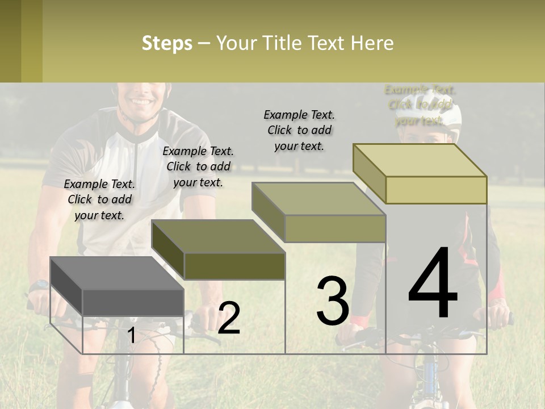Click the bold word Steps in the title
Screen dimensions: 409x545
tap(167, 43)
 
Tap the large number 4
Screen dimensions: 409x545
tap(433, 283)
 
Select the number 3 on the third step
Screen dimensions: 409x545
tap(332, 301)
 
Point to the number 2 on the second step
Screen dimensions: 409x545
tap(229, 318)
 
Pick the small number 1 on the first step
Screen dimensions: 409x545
tap(131, 335)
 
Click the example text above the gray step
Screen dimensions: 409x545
tap(99, 199)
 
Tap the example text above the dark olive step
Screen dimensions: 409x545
tap(198, 166)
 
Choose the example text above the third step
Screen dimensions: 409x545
tap(299, 130)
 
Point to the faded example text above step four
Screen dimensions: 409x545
tap(420, 105)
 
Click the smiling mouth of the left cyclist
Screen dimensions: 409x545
tap(140, 103)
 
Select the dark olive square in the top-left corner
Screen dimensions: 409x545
tap(10, 41)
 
